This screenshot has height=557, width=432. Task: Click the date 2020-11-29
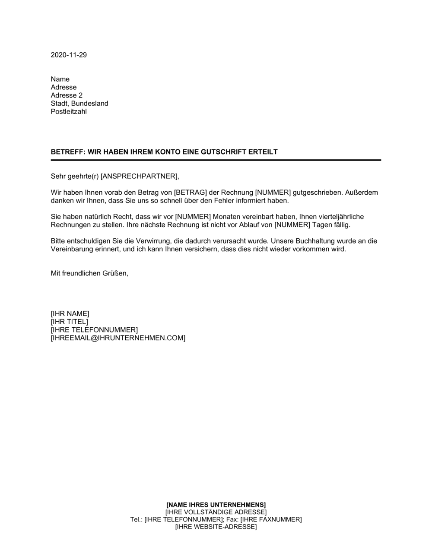coord(69,55)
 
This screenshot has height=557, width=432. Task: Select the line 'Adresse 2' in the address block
coord(67,95)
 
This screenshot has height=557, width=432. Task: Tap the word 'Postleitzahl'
coord(69,112)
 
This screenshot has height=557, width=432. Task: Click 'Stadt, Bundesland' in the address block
coord(79,104)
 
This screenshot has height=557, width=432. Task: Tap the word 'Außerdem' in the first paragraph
coord(362,193)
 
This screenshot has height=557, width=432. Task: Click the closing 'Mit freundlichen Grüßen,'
coord(90,273)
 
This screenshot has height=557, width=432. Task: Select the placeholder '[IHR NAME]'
coord(70,313)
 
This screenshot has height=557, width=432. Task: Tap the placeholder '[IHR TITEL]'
coord(70,322)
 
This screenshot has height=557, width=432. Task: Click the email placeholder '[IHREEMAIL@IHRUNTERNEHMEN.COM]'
coord(118,338)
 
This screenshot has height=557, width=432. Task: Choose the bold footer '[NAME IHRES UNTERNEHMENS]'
coord(216,504)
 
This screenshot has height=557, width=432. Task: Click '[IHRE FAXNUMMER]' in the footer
coord(271,519)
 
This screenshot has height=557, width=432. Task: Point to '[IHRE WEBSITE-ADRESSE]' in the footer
coord(216,527)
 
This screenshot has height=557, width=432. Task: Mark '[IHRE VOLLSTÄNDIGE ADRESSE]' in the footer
coord(216,512)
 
